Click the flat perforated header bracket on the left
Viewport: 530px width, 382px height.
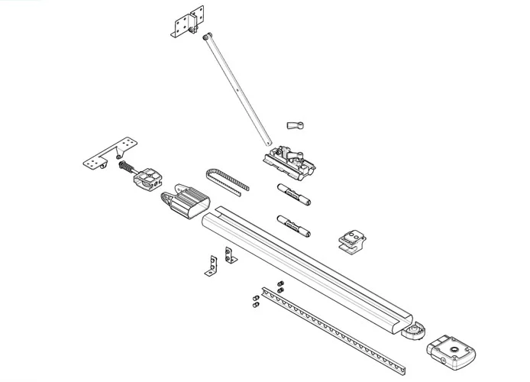[111, 152]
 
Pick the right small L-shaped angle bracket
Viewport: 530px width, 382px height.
[228, 257]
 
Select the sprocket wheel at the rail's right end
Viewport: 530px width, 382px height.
[415, 333]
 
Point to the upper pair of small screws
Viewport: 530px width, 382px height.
[280, 286]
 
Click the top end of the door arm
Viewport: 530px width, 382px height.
[208, 37]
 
